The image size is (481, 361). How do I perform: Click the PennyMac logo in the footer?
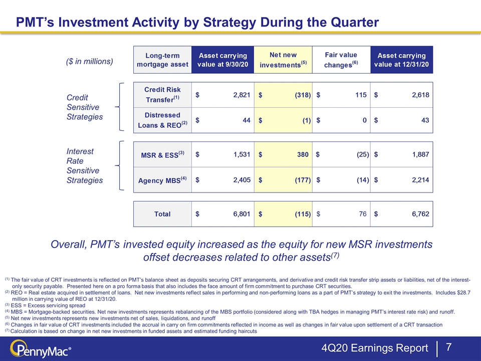41,349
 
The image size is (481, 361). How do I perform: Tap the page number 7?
448,347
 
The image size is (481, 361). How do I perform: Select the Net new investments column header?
283,60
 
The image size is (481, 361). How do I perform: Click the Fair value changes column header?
341,60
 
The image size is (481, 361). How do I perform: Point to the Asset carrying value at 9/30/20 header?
222,60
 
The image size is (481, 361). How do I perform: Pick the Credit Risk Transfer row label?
162,95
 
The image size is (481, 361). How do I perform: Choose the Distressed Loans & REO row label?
162,120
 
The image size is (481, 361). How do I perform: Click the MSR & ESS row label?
162,154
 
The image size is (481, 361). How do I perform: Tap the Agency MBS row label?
162,180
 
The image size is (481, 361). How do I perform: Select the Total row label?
162,214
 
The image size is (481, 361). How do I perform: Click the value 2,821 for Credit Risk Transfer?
242,95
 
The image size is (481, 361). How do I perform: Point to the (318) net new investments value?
303,95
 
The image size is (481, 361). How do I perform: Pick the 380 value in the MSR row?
303,154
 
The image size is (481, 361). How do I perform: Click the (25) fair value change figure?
363,154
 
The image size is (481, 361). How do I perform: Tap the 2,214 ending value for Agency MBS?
420,180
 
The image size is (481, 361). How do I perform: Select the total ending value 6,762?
420,214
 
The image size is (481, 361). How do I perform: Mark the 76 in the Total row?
363,214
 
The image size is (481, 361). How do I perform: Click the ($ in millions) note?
90,61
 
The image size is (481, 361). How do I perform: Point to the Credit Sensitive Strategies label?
85,107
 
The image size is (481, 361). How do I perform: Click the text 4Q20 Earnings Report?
375,348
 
